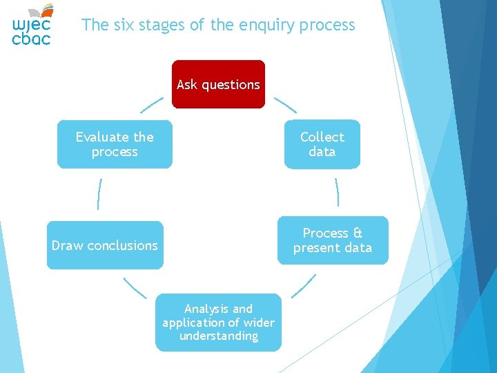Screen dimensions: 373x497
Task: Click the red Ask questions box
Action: pos(218,84)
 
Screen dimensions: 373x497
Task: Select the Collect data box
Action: pos(322,144)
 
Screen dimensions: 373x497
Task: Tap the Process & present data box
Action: pos(333,240)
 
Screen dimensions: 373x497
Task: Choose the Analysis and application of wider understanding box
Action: pos(218,323)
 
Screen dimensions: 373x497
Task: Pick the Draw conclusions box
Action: pos(105,245)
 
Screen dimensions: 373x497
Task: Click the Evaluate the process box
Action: pos(115,144)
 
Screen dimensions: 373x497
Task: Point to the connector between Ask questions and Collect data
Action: pos(285,105)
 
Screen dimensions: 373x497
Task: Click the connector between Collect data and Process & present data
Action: pos(337,192)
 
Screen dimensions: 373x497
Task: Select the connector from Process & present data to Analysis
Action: pos(304,286)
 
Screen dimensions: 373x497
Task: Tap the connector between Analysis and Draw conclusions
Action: pos(135,287)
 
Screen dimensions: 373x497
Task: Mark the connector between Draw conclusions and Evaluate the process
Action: pos(100,193)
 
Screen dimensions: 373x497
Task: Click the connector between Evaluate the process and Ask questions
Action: pos(152,105)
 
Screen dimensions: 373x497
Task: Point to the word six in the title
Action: pos(121,26)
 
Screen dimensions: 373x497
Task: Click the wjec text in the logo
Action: pos(31,25)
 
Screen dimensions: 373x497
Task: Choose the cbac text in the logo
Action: pos(31,39)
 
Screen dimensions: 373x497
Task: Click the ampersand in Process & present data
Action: pos(358,233)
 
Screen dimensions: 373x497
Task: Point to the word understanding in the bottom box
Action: pos(218,336)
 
